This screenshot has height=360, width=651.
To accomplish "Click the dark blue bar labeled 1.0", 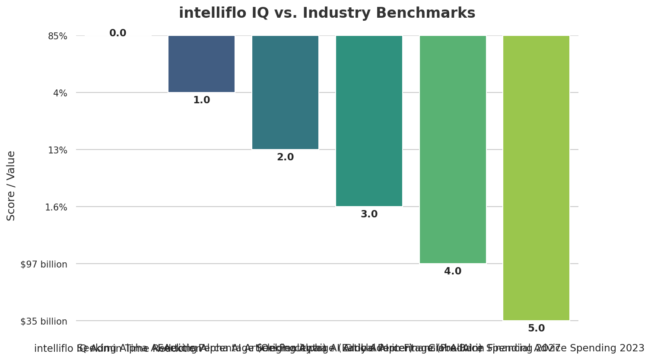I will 201,64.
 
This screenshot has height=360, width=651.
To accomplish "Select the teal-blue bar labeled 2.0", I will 285,92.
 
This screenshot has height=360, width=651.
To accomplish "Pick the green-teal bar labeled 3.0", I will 369,121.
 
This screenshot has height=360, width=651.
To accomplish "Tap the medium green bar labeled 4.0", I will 453,150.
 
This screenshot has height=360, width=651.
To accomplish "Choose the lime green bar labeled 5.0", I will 536,178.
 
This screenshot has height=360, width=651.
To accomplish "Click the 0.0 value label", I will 117,33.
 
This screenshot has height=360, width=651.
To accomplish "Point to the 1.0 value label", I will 201,100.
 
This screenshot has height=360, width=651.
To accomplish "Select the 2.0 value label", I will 285,157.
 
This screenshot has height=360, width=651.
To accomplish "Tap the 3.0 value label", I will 369,214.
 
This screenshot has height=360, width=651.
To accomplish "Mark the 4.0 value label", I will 453,271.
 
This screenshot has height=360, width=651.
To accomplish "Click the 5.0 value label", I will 536,328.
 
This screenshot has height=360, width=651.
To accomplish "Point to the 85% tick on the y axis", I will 57,36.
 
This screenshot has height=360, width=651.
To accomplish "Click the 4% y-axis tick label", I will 60,93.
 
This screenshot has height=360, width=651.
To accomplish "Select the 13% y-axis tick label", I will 57,150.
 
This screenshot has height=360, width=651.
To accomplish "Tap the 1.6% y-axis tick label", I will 56,207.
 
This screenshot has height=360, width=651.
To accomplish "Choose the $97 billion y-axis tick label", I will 44,264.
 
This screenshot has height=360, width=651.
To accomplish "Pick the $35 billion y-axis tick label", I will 44,322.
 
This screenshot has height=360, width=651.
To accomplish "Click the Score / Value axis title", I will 11,186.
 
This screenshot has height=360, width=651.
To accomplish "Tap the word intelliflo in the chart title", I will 211,13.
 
